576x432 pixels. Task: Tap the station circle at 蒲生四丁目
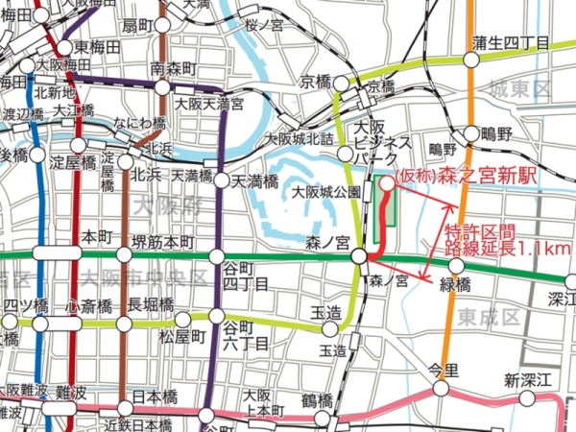470,61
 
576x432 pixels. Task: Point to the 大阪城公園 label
325,191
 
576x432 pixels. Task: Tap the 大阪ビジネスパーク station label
371,142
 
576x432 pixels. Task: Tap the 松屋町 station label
181,336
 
